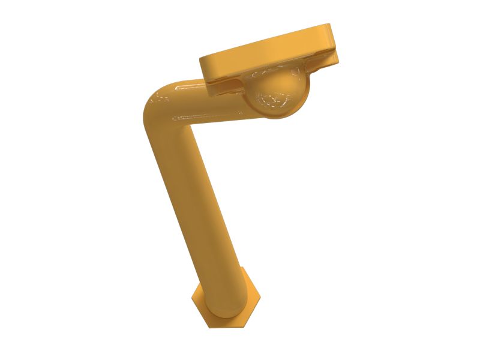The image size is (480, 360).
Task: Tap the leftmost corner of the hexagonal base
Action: (x=191, y=298)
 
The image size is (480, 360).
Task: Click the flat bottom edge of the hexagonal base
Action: (x=227, y=327)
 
